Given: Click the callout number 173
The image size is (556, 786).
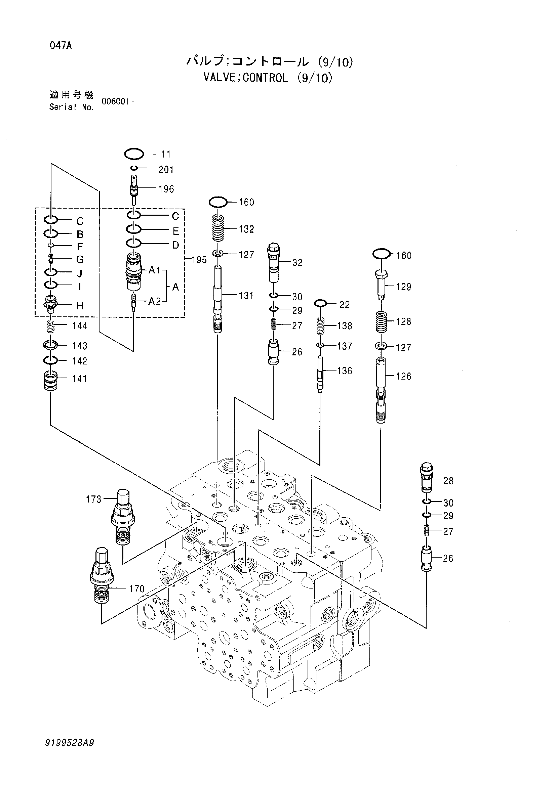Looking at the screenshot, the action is (93, 499).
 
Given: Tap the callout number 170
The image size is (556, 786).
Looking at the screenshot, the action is (137, 589).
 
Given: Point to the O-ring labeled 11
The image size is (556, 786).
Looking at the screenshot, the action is (133, 154).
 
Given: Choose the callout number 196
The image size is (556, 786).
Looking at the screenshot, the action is (166, 189).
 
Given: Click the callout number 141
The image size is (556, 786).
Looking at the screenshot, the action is (79, 379).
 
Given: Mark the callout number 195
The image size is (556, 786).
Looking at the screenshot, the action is (199, 260).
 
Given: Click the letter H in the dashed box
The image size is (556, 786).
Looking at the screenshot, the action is (79, 306).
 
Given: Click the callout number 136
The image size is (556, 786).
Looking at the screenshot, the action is (344, 371).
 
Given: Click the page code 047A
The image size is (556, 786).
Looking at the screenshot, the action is (61, 46).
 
